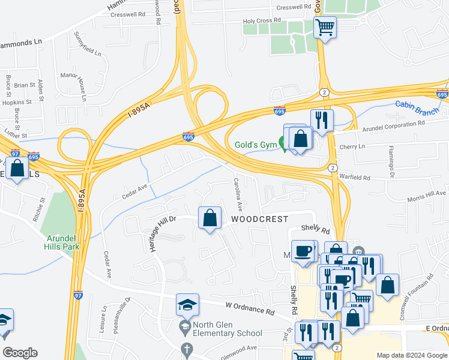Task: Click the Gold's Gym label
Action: click(x=255, y=145)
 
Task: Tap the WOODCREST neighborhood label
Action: click(x=260, y=220)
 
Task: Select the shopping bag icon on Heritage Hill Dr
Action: click(x=210, y=219)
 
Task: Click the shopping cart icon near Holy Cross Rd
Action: click(x=325, y=28)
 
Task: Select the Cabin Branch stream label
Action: click(x=417, y=104)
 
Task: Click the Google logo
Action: click(x=20, y=353)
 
